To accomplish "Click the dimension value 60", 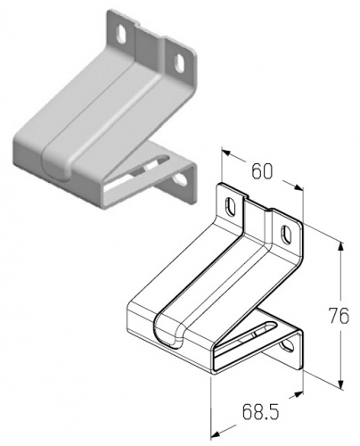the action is click(x=262, y=171).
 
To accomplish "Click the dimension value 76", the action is click(x=339, y=316).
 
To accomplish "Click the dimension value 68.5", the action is click(x=260, y=411).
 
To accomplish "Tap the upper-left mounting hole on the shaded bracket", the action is click(x=121, y=34).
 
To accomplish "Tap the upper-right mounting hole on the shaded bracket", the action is click(x=179, y=62).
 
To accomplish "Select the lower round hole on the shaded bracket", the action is click(x=181, y=179).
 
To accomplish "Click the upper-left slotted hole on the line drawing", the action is click(x=231, y=206).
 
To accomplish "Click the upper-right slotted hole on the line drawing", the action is click(x=286, y=234).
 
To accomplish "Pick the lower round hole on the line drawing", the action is click(x=287, y=345).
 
